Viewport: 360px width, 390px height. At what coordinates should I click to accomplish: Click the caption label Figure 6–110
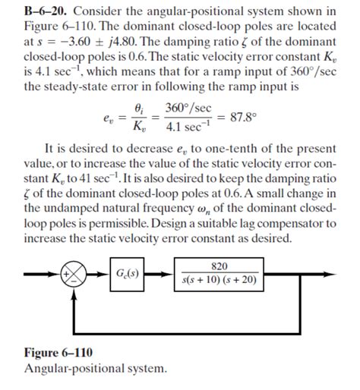pyautogui.click(x=58, y=354)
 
